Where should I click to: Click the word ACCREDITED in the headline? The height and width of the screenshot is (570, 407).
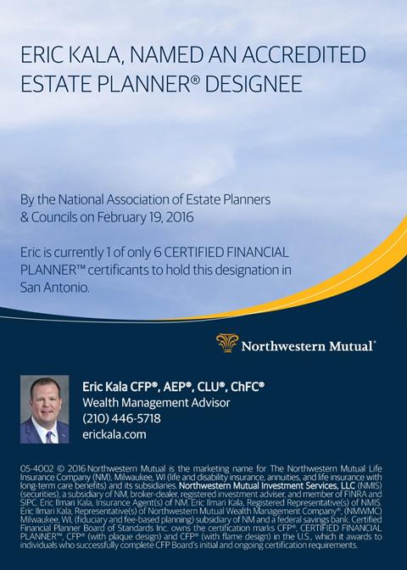pyautogui.click(x=304, y=54)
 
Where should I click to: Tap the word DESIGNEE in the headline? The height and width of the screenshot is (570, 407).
pyautogui.click(x=254, y=84)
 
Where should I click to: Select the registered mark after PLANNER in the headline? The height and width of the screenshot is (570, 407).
pyautogui.click(x=196, y=79)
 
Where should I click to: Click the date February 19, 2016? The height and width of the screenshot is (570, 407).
pyautogui.click(x=145, y=217)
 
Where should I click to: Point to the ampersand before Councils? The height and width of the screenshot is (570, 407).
pyautogui.click(x=24, y=217)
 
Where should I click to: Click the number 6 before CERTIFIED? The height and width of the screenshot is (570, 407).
pyautogui.click(x=158, y=252)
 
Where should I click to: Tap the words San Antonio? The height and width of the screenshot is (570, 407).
pyautogui.click(x=55, y=288)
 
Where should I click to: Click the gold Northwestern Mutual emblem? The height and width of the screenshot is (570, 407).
pyautogui.click(x=227, y=344)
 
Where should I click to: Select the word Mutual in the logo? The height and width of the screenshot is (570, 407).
pyautogui.click(x=351, y=346)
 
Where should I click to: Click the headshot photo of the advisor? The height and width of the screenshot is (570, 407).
pyautogui.click(x=45, y=410)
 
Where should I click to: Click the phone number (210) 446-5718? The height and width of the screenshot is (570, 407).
pyautogui.click(x=121, y=418)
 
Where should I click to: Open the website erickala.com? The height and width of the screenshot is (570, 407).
pyautogui.click(x=114, y=434)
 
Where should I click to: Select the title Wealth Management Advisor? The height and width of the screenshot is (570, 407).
pyautogui.click(x=156, y=402)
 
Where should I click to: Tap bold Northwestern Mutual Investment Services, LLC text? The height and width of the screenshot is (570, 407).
pyautogui.click(x=267, y=486)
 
